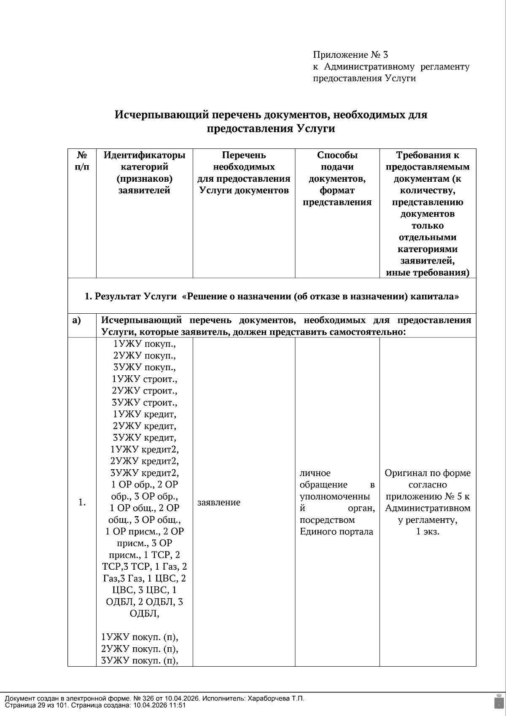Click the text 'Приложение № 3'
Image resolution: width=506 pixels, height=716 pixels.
350,55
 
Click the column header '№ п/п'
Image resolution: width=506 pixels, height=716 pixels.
82,161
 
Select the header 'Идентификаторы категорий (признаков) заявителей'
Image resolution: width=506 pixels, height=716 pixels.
144,172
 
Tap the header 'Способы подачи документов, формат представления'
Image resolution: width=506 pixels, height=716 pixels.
337,178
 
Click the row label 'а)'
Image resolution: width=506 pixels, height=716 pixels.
76,320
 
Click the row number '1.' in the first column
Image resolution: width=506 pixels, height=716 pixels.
82,502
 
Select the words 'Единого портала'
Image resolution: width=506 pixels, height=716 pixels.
336,531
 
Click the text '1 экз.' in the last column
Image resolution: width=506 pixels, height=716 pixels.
428,531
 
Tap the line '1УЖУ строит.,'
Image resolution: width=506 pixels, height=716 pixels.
144,379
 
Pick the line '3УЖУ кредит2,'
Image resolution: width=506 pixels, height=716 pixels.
144,472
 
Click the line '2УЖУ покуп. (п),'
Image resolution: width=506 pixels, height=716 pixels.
139,648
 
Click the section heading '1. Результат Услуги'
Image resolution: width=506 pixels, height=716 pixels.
130,296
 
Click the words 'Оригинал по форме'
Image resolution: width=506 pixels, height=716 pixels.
428,473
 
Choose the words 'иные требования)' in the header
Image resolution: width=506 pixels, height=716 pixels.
428,272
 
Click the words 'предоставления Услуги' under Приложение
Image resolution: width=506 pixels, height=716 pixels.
364,78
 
